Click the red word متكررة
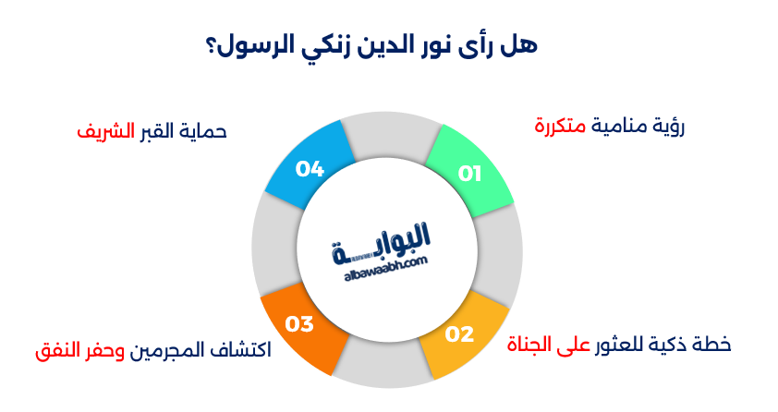click(561, 126)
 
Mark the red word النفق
click(56, 352)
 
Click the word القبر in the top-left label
click(153, 131)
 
